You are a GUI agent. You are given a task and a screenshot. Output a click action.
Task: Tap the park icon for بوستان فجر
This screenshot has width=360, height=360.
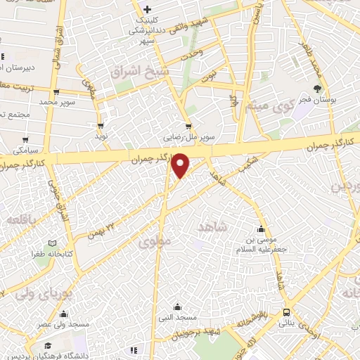[318, 89]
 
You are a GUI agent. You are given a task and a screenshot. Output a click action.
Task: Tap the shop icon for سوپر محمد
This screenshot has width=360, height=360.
[56, 91]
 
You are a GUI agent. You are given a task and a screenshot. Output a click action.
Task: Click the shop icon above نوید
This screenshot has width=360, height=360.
[101, 126]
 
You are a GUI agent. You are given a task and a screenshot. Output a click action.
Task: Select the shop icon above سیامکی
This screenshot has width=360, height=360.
[25, 140]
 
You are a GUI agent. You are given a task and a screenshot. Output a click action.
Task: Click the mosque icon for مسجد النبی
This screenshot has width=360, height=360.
[177, 307]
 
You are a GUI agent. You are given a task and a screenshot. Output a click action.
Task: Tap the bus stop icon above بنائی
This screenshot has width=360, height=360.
[286, 312]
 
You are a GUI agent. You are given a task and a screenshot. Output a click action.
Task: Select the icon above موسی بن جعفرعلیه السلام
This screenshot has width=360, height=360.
[262, 229]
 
